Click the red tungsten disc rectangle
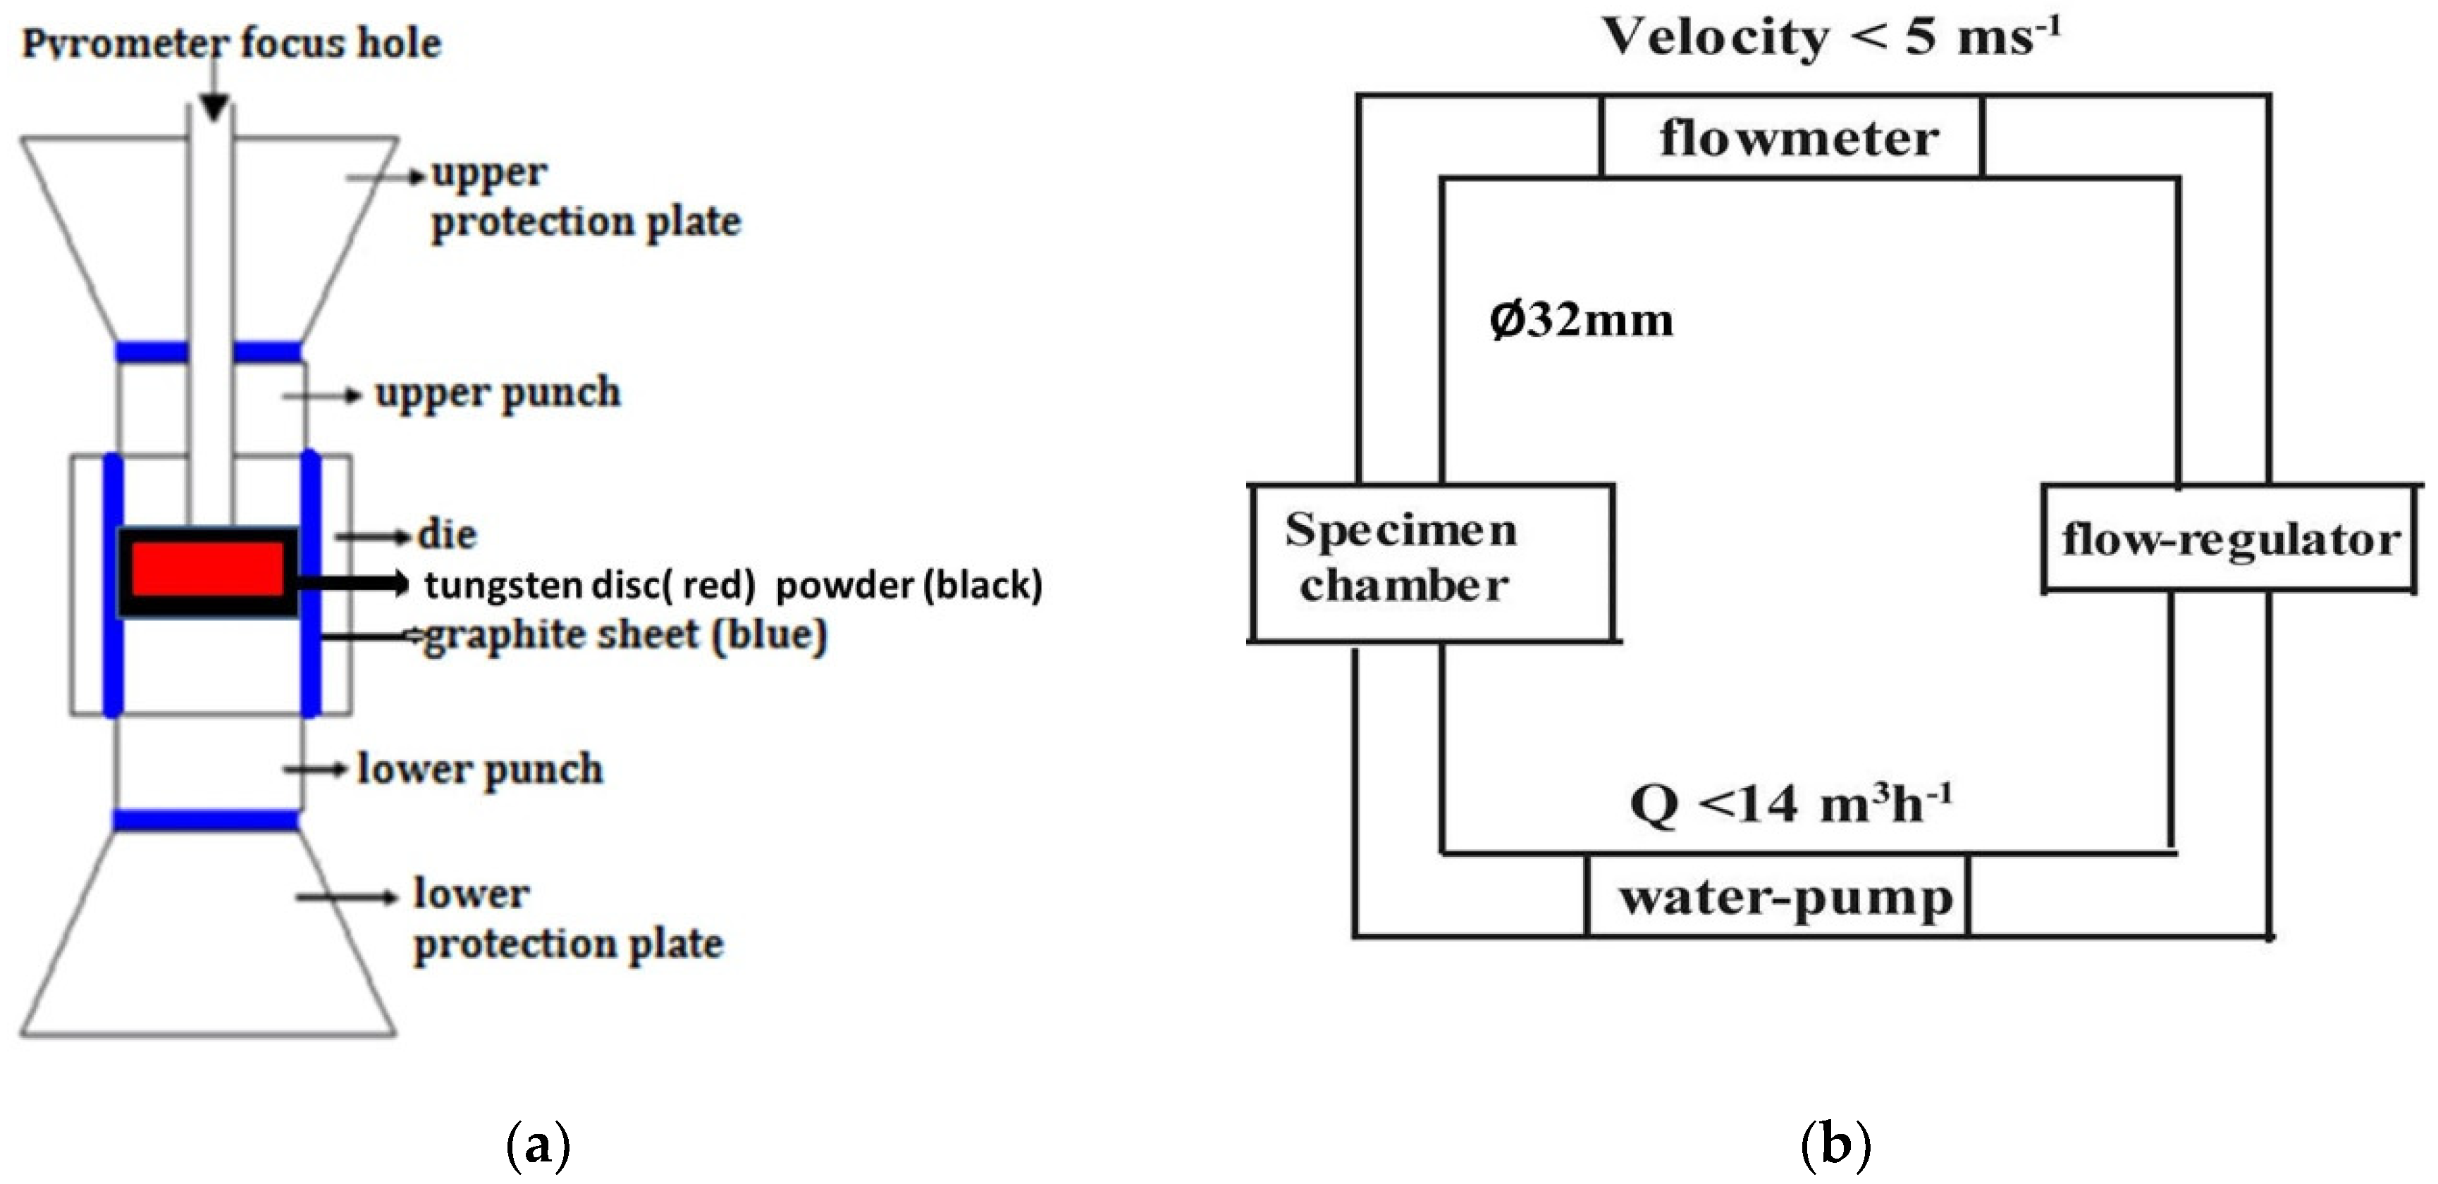207,569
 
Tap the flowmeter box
1792,138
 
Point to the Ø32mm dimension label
1580,320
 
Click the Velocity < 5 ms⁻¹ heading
1830,38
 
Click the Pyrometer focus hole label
232,42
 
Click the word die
447,535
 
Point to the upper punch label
498,393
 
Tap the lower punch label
480,768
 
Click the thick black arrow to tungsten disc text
352,583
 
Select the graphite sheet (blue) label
624,634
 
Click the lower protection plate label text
568,919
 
